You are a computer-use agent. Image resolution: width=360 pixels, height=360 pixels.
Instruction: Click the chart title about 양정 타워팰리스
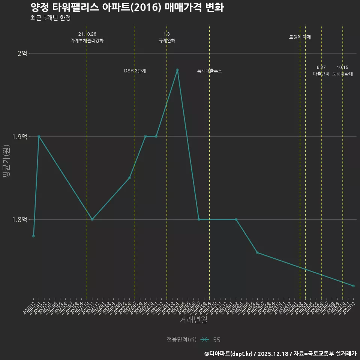click(x=127, y=7)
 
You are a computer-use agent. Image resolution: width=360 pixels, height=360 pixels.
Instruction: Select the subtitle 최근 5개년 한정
click(x=51, y=18)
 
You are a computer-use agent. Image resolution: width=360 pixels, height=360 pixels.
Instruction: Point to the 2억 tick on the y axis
click(x=22, y=54)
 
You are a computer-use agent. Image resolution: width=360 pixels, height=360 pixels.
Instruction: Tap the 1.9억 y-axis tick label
click(x=20, y=136)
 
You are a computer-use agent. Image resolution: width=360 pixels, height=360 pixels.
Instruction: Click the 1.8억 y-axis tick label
click(x=20, y=219)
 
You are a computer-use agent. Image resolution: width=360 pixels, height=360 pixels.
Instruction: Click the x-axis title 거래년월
click(x=193, y=320)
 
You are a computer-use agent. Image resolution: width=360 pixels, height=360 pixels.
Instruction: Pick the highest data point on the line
click(x=177, y=70)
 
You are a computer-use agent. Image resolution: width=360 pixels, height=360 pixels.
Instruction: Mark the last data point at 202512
click(x=353, y=286)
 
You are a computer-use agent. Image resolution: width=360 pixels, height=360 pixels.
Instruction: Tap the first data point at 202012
click(x=33, y=236)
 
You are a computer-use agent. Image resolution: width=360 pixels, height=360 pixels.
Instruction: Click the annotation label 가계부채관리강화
click(x=87, y=40)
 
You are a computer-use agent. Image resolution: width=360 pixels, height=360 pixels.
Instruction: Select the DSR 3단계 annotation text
click(x=135, y=71)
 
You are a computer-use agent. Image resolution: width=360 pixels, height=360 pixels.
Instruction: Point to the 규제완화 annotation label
click(x=167, y=40)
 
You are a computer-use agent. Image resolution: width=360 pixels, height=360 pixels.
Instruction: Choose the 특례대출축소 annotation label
click(x=210, y=71)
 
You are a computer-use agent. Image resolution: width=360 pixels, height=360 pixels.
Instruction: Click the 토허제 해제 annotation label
click(x=300, y=37)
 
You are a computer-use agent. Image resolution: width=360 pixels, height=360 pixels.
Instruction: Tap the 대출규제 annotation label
click(x=321, y=74)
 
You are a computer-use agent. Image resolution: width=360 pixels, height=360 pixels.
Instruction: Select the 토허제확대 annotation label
click(x=343, y=74)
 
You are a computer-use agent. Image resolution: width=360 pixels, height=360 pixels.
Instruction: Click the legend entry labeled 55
click(x=216, y=340)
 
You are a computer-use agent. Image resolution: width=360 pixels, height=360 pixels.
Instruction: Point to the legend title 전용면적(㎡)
click(x=181, y=340)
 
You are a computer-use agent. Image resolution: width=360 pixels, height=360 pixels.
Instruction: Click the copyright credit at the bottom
click(x=280, y=354)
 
